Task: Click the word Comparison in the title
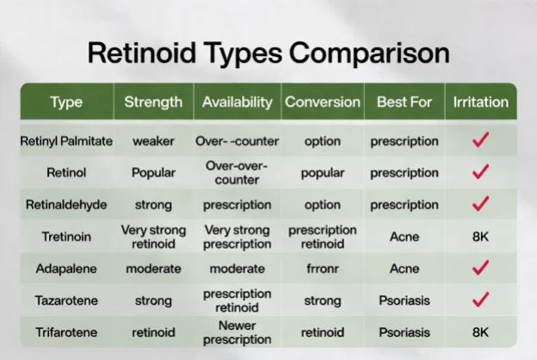click(x=369, y=53)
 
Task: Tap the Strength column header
click(x=153, y=102)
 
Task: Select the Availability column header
click(x=237, y=102)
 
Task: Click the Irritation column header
click(x=481, y=102)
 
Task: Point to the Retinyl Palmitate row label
click(x=66, y=141)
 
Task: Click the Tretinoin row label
click(x=66, y=237)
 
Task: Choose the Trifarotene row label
click(x=66, y=332)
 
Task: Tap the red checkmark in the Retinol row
click(x=480, y=171)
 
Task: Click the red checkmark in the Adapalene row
click(x=480, y=268)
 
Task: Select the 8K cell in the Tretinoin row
click(x=480, y=237)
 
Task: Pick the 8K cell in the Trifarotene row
click(x=480, y=332)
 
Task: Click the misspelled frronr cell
click(x=323, y=269)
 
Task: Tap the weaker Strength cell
click(x=153, y=141)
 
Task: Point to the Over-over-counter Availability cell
click(x=237, y=173)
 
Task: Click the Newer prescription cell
click(x=237, y=332)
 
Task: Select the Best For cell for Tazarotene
click(x=404, y=301)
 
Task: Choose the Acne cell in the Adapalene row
click(x=404, y=269)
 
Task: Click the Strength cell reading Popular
click(x=153, y=173)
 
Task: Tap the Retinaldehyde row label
click(x=66, y=205)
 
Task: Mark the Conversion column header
click(x=323, y=102)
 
